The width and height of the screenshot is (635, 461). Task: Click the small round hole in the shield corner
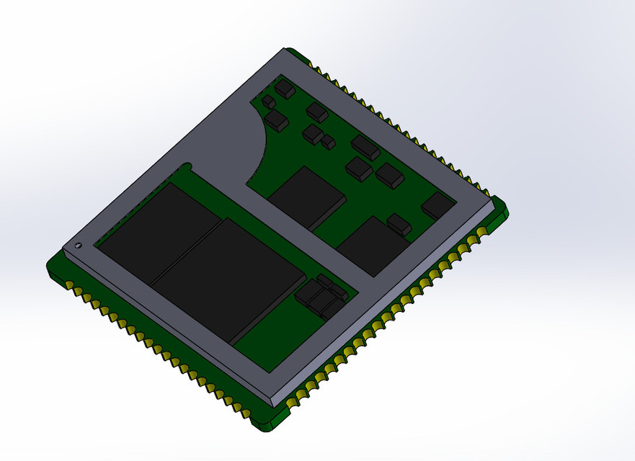pos(78,246)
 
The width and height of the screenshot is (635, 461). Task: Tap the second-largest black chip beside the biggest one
pos(159,230)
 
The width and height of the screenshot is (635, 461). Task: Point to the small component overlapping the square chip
pos(399,223)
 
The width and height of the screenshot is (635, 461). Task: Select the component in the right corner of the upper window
pos(438,205)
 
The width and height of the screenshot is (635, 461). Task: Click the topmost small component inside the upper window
pos(285,89)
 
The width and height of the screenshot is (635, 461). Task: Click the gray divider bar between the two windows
pos(303,238)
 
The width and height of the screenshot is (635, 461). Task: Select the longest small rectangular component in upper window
pos(366,147)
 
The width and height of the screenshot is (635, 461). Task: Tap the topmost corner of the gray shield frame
pos(283,52)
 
